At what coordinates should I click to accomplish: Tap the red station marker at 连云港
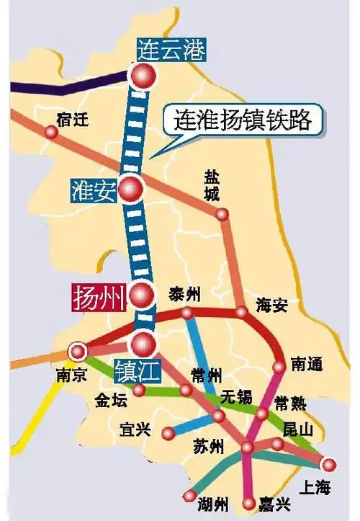click(143, 75)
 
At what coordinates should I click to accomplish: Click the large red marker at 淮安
click(132, 189)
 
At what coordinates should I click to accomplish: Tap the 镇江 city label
click(137, 371)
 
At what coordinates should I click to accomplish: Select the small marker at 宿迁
click(51, 132)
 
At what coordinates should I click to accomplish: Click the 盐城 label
click(214, 185)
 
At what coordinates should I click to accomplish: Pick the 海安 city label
click(272, 306)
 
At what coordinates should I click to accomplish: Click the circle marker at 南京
click(76, 352)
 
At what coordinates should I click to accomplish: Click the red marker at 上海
click(329, 464)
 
